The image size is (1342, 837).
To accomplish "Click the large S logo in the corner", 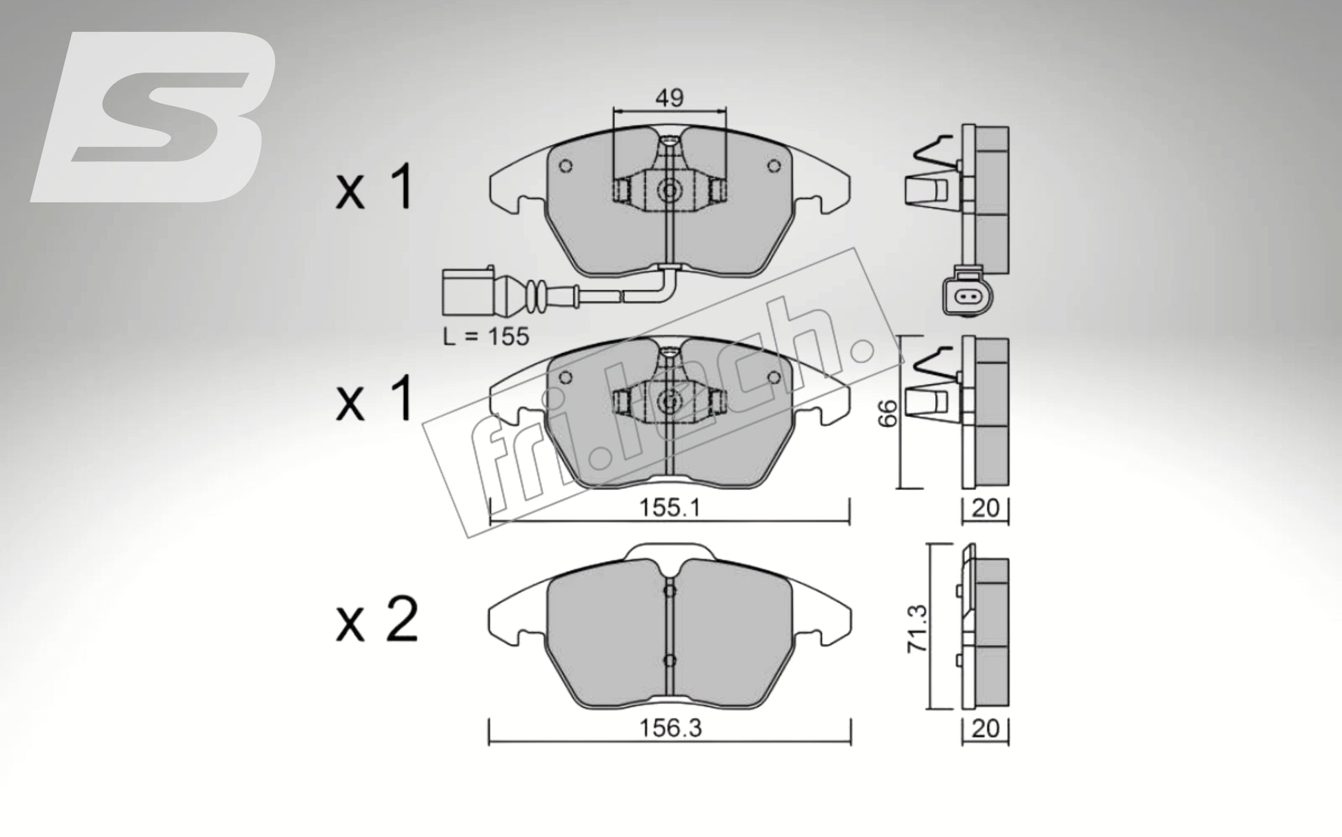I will click(155, 117).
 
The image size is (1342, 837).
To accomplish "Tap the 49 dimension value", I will click(669, 98).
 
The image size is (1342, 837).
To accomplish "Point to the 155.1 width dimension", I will click(670, 508).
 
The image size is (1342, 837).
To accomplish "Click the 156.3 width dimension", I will click(670, 728).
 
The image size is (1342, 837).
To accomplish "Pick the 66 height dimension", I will click(889, 413).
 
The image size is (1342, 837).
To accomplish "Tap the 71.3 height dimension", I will click(918, 628).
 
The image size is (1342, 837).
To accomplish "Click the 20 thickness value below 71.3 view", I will click(985, 728).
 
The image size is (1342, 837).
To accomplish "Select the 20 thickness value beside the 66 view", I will click(985, 508).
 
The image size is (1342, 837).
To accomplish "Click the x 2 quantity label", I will click(377, 620).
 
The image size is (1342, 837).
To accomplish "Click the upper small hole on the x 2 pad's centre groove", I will click(669, 591).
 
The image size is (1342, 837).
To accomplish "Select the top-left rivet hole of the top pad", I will click(565, 166).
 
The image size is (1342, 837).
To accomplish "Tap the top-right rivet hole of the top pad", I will click(773, 166).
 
